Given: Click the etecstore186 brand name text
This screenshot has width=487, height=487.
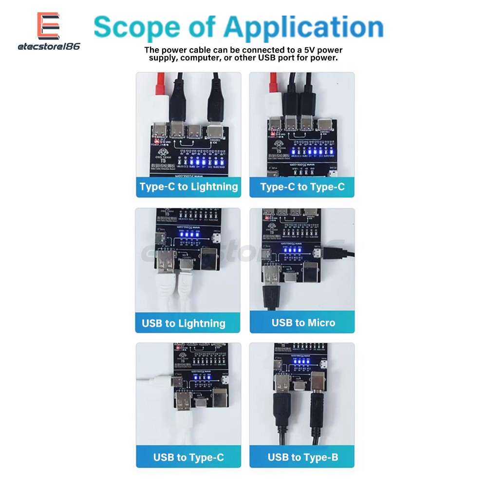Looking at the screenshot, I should pyautogui.click(x=49, y=47).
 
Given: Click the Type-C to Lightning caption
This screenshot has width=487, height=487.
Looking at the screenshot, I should pyautogui.click(x=188, y=187).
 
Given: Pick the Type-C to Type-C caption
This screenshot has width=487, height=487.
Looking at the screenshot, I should pyautogui.click(x=302, y=187).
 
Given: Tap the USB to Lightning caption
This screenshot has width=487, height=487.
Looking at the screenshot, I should pyautogui.click(x=184, y=323).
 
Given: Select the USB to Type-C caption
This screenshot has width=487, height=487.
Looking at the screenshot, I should pyautogui.click(x=188, y=457).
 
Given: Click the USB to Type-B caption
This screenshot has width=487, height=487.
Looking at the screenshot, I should pyautogui.click(x=302, y=457).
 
